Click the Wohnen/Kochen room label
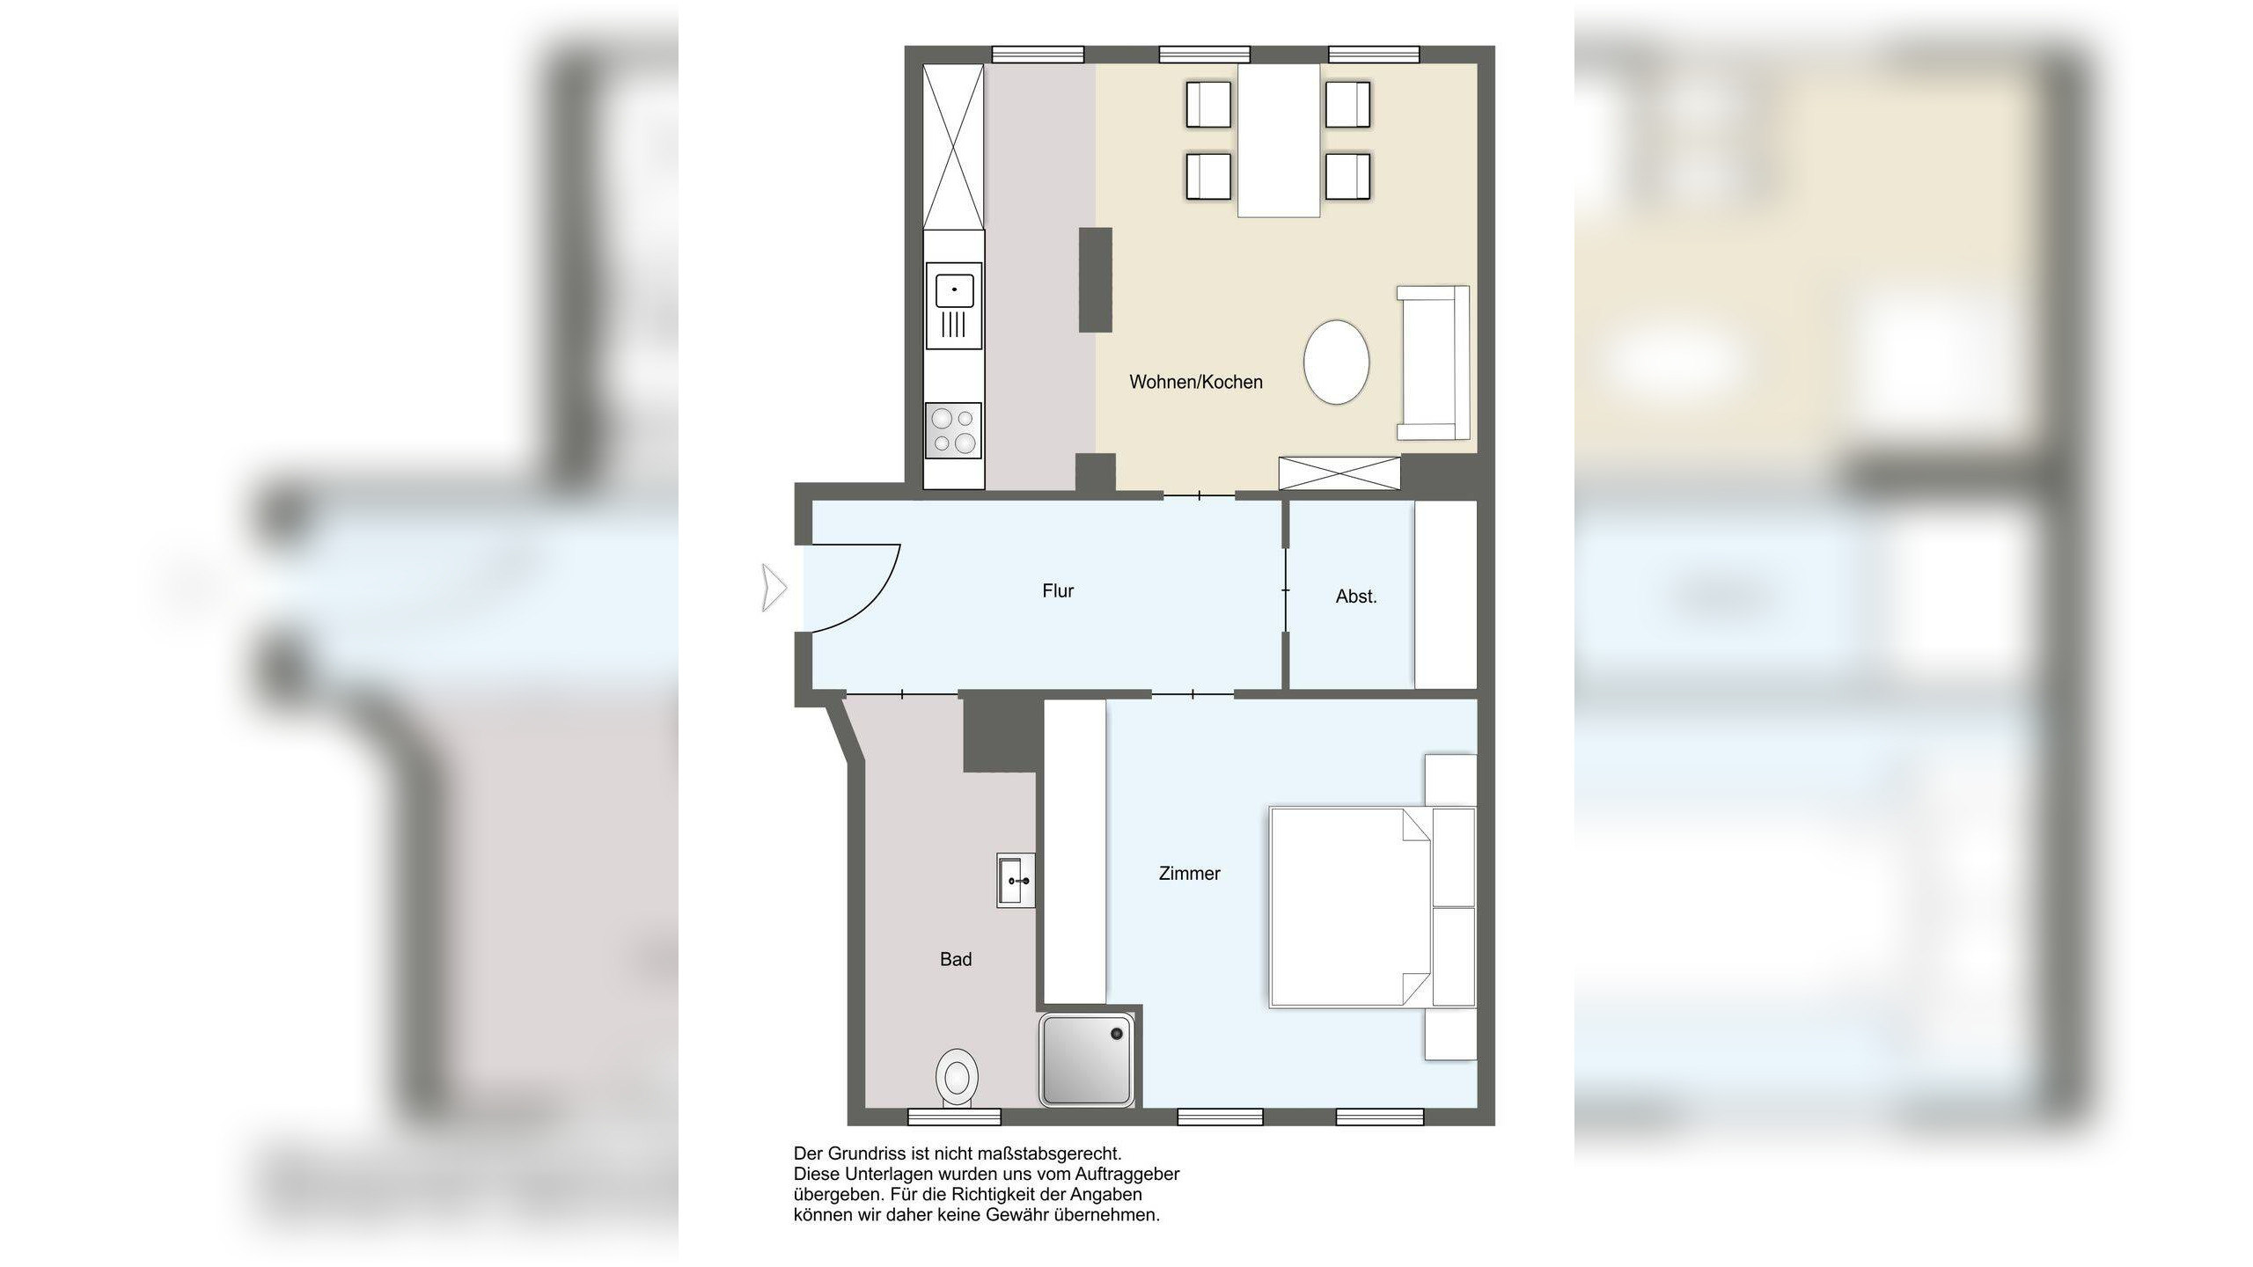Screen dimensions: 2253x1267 pos(1196,382)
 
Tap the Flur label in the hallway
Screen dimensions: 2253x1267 pos(1058,590)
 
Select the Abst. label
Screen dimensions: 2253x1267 pos(1356,597)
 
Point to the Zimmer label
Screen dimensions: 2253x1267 pos(1189,874)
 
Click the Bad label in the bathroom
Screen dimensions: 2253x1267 pos(956,959)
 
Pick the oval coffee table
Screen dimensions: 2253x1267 pos(1337,362)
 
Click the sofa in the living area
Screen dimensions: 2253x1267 pos(1433,363)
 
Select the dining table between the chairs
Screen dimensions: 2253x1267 pos(1279,140)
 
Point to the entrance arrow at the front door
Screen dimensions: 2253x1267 pos(774,588)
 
